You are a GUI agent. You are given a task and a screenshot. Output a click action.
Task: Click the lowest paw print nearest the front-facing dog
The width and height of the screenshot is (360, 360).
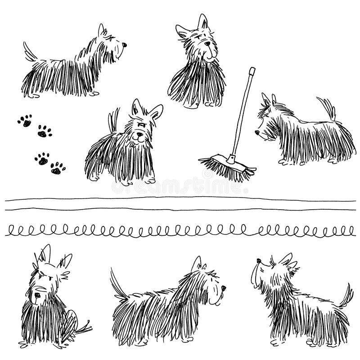tap(58, 168)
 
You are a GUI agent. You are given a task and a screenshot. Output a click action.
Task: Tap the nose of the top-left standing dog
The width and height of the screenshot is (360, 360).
tap(125, 45)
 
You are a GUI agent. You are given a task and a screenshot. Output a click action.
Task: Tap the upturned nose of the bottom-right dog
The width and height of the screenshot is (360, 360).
tap(258, 261)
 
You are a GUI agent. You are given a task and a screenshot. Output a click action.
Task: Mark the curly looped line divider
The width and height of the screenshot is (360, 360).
tap(180, 231)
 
